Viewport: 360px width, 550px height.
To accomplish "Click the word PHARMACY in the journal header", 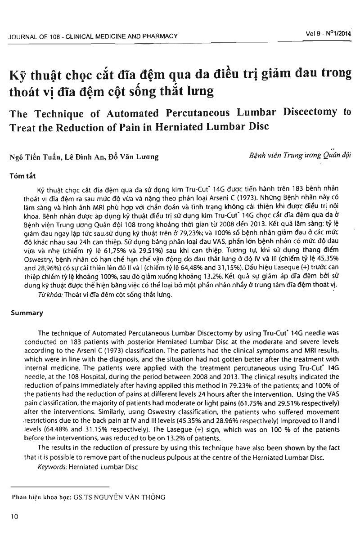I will coord(159,36).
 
